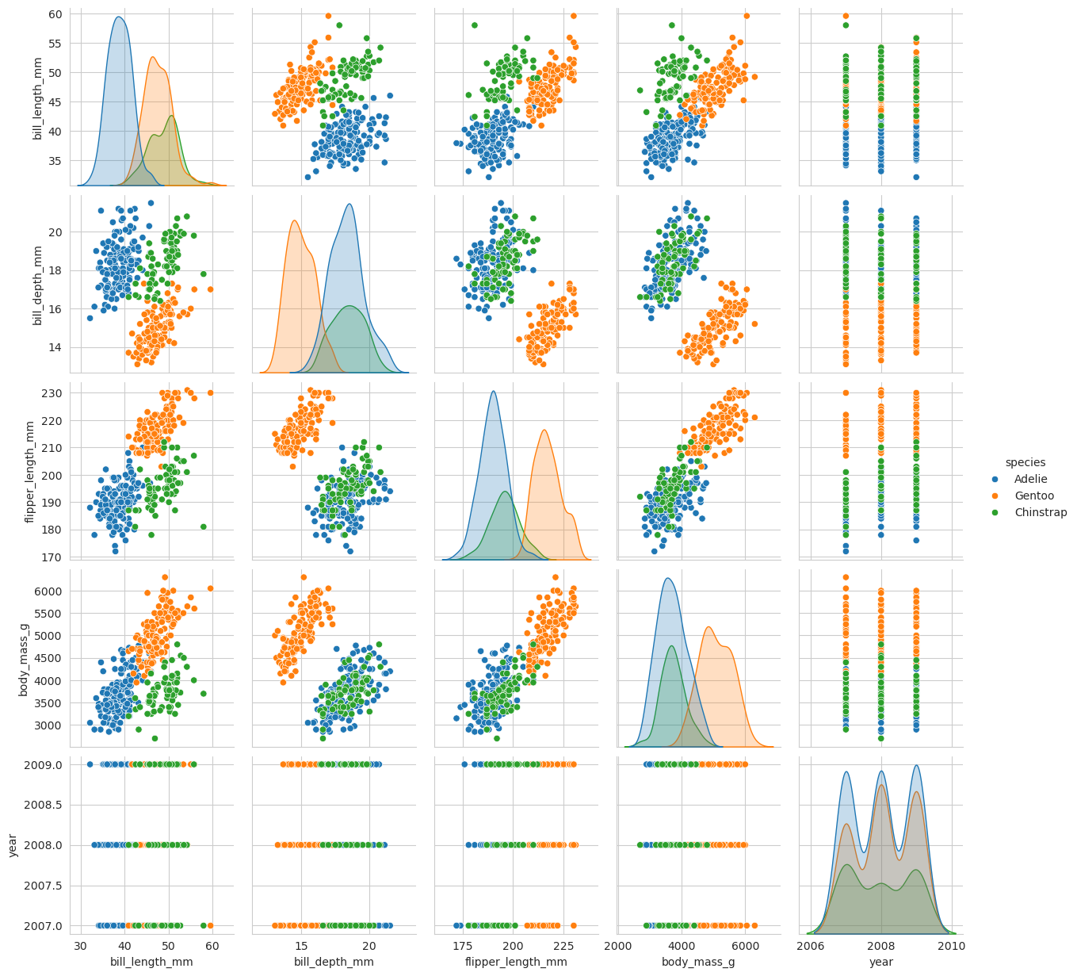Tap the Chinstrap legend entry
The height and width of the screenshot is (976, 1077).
pyautogui.click(x=1041, y=512)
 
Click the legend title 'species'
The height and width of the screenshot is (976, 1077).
pyautogui.click(x=1025, y=462)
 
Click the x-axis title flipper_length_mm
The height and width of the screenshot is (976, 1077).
pyautogui.click(x=516, y=962)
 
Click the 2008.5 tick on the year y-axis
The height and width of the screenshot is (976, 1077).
pyautogui.click(x=49, y=805)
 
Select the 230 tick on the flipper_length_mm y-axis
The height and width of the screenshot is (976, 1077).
pyautogui.click(x=59, y=393)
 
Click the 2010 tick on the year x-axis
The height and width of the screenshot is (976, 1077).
pyautogui.click(x=952, y=945)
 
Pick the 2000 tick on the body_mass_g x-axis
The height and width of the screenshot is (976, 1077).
pyautogui.click(x=617, y=945)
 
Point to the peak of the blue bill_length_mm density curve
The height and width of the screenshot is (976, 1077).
pyautogui.click(x=118, y=17)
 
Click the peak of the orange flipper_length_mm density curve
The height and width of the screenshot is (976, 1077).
pyautogui.click(x=544, y=430)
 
